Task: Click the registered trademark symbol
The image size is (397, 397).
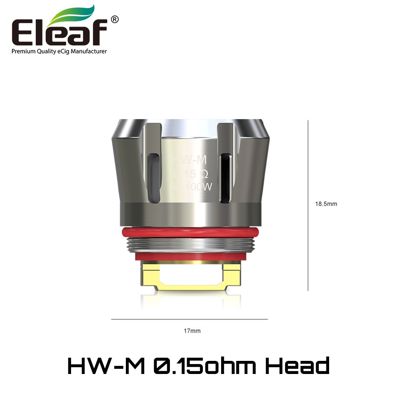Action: (x=114, y=19)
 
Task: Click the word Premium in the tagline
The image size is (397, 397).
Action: (x=23, y=51)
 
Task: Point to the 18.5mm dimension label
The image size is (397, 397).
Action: (x=326, y=204)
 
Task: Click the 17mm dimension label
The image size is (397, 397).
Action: (x=189, y=330)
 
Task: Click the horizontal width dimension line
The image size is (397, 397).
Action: (x=189, y=319)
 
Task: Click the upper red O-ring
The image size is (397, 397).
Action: (x=190, y=232)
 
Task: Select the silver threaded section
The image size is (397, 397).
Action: (x=190, y=245)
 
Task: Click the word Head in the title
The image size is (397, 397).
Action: (x=297, y=366)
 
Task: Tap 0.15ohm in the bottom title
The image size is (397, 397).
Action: (x=204, y=366)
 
